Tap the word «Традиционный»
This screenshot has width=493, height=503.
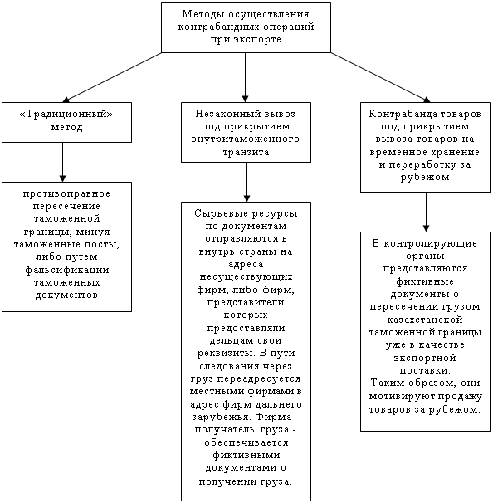point(66,115)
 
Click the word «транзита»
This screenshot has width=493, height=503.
point(246,152)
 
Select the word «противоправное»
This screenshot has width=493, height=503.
point(66,194)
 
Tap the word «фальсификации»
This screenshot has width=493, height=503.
point(67,270)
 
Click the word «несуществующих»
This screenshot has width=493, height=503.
point(246,277)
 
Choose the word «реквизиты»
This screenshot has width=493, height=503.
point(226,354)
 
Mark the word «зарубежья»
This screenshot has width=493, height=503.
point(221,417)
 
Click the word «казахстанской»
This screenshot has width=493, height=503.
point(425,320)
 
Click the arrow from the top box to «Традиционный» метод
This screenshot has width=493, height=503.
point(112,77)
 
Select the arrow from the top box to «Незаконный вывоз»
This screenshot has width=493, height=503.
point(246,77)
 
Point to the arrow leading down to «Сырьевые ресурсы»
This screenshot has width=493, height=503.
point(247,182)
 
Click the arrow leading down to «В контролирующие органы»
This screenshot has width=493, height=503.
point(426,212)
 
